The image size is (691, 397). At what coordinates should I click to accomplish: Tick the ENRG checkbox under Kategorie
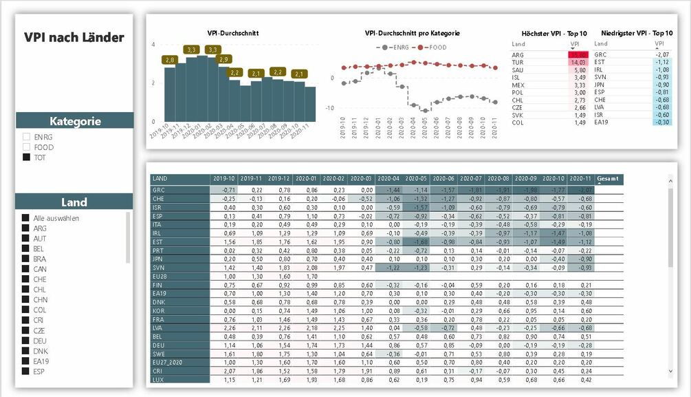(x=27, y=137)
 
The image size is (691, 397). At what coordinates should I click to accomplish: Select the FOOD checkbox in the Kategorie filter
(x=27, y=147)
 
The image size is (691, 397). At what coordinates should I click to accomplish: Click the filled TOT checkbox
(x=27, y=158)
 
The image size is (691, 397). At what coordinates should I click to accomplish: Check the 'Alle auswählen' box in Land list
(x=26, y=218)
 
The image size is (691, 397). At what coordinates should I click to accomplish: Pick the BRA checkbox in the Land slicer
(x=26, y=259)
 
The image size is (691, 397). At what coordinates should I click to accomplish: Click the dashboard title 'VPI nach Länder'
(x=74, y=37)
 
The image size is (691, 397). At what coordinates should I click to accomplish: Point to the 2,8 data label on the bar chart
(x=171, y=61)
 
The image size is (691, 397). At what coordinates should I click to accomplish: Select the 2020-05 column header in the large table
(x=417, y=179)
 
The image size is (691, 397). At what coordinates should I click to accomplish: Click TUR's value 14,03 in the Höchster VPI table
(x=576, y=63)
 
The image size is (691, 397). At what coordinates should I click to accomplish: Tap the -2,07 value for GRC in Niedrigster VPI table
(x=661, y=54)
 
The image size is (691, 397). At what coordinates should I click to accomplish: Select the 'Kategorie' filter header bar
(x=74, y=121)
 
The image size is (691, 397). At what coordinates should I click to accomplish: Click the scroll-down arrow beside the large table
(x=672, y=371)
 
